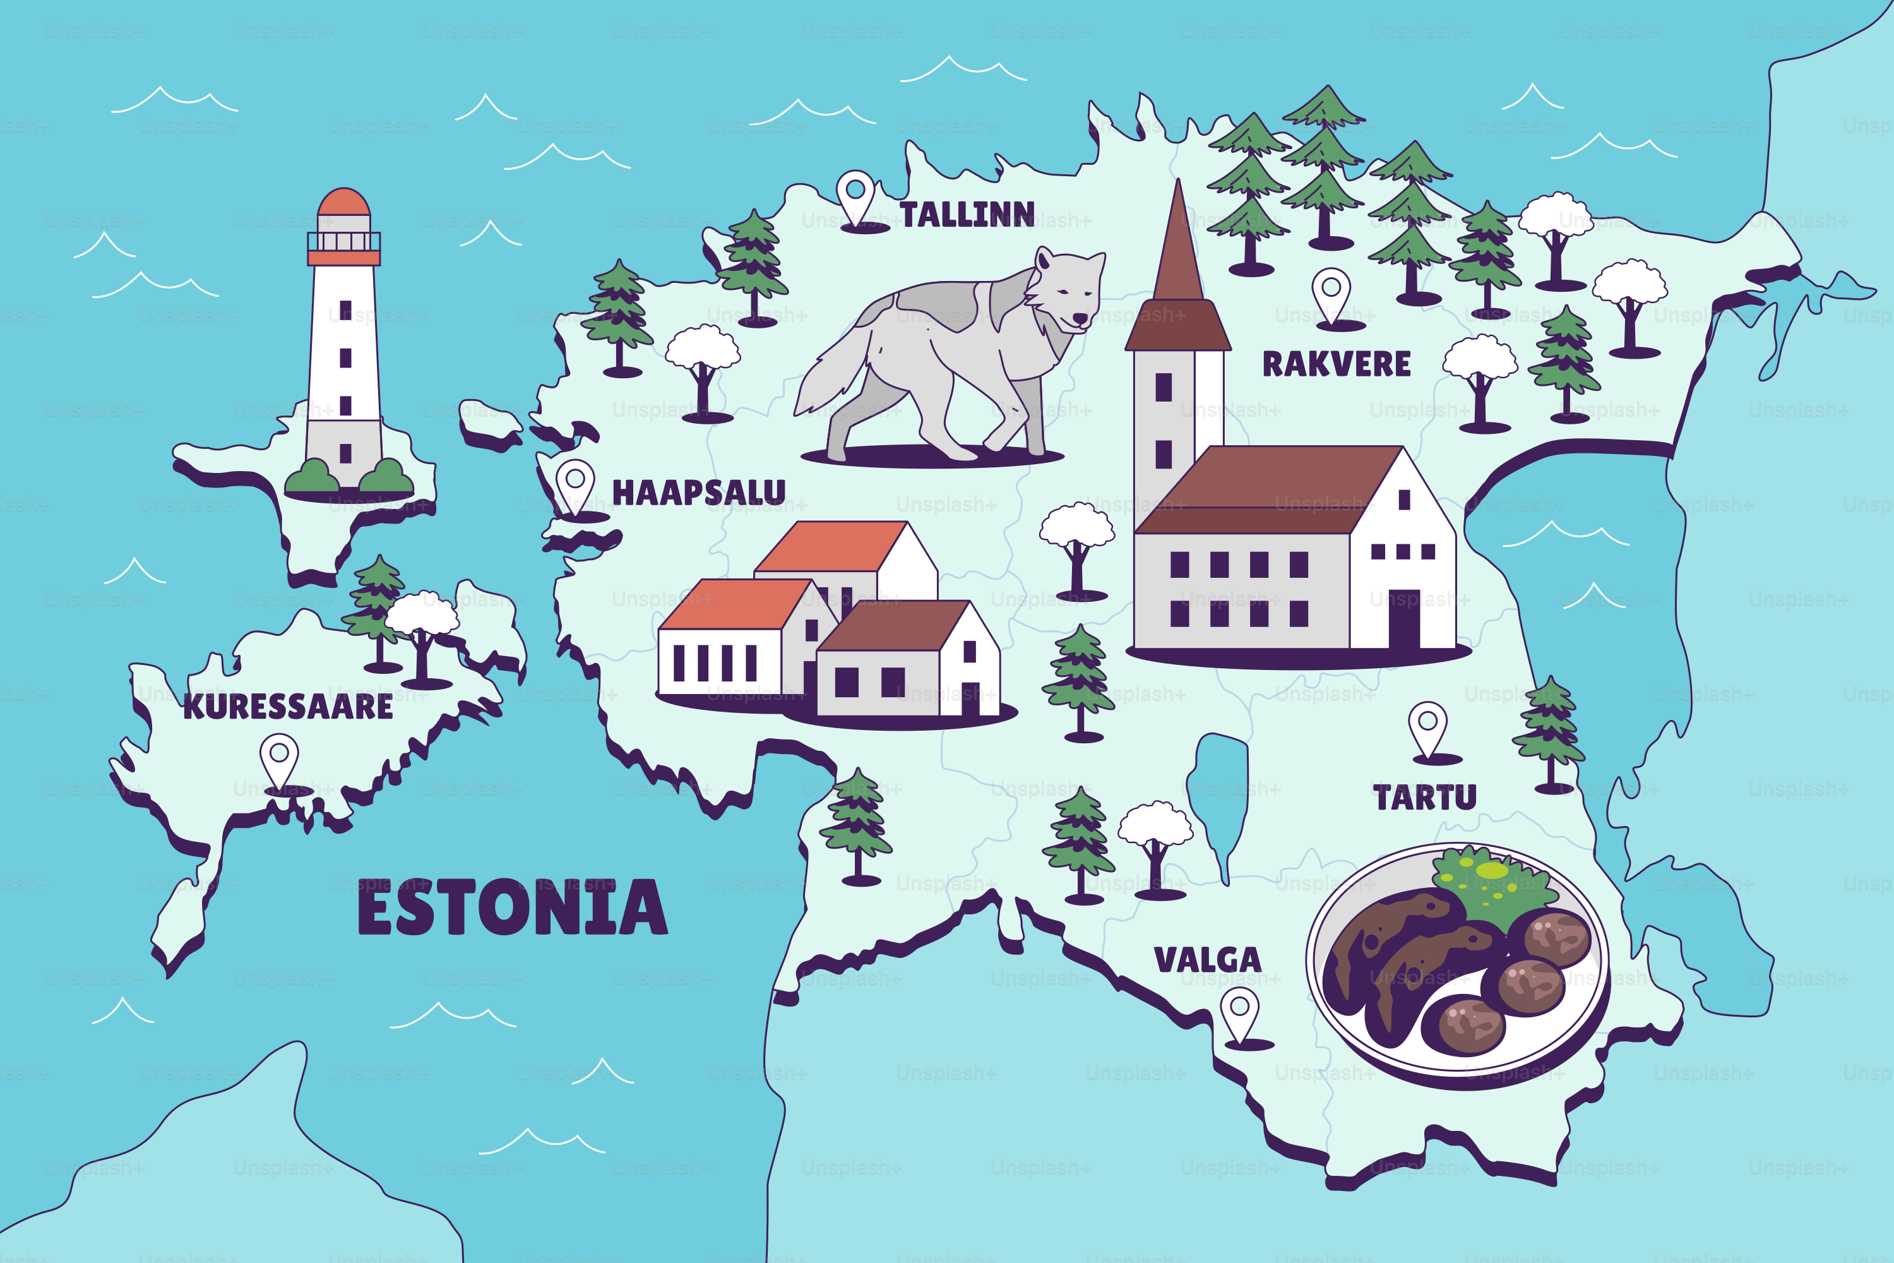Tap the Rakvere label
tap(1336, 364)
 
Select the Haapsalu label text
tap(698, 492)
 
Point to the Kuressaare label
tap(287, 707)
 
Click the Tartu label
tap(1424, 798)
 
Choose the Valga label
tap(1207, 959)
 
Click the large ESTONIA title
tap(512, 908)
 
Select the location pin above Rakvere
tap(1331, 292)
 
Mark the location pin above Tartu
tap(1427, 727)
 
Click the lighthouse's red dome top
tap(344, 202)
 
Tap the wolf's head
tap(1066, 290)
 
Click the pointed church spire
tap(1178, 242)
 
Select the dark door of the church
tap(1403, 619)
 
